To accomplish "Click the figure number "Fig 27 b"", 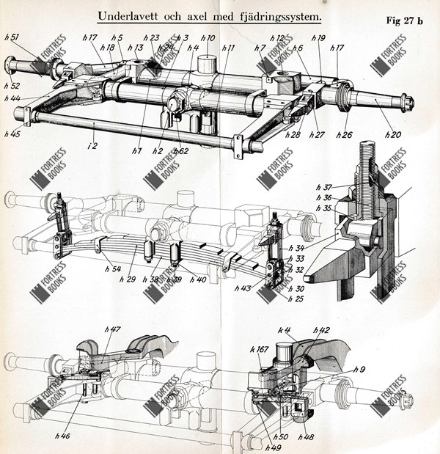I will click(404, 21).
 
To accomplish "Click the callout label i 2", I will click(92, 147).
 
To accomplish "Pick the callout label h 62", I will click(180, 150).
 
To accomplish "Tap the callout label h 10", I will click(208, 39).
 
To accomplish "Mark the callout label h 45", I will click(12, 133).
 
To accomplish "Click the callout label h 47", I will click(112, 331).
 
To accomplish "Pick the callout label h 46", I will click(63, 436).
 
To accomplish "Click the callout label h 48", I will click(305, 438).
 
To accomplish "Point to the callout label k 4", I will click(284, 330).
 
